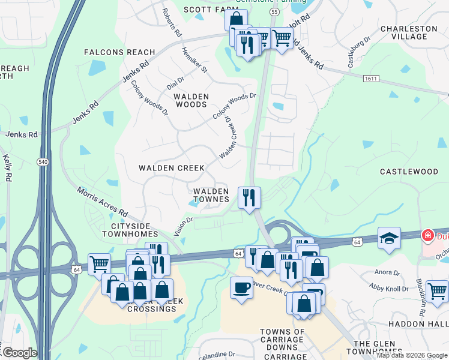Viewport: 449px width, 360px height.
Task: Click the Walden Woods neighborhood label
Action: click(191, 100)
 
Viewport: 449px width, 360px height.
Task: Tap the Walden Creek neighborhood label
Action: click(172, 168)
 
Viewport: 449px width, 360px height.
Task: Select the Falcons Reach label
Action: click(119, 52)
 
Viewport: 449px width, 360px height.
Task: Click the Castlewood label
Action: click(409, 172)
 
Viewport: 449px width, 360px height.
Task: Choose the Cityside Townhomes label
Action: click(130, 229)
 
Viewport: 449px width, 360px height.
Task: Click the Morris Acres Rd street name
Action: click(101, 202)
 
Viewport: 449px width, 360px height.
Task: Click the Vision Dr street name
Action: click(183, 226)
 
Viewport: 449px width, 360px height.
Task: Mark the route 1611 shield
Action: click(370, 79)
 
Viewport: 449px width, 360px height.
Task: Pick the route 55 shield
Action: click(274, 11)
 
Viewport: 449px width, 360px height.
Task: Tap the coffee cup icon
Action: click(241, 287)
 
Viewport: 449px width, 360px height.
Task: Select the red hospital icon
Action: click(427, 236)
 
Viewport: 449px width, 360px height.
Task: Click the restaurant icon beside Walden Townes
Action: click(249, 196)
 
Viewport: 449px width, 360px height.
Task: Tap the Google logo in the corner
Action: click(19, 353)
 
